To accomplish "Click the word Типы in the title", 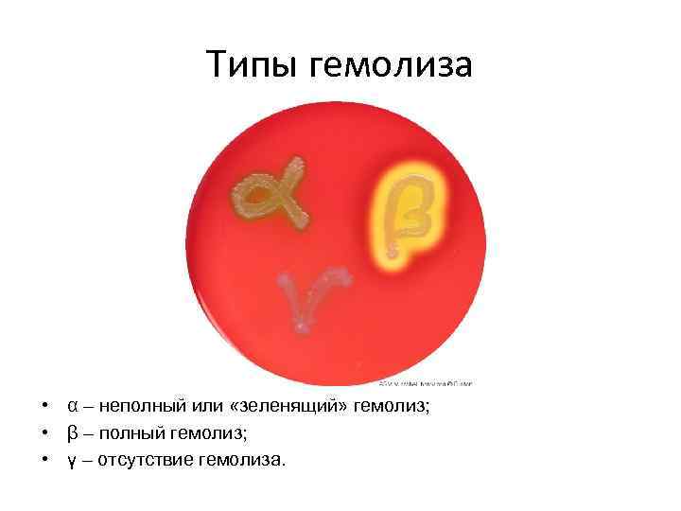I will coord(253,65).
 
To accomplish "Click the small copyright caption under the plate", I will coord(425,384).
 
